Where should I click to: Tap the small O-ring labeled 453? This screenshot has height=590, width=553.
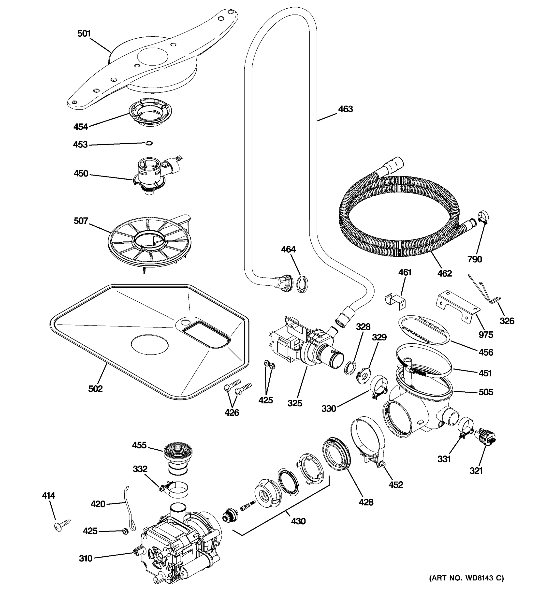tap(149, 143)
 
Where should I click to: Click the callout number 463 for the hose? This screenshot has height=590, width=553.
tap(345, 109)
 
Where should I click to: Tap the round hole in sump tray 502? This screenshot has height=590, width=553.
tap(149, 345)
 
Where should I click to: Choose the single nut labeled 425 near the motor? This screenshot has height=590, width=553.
tap(125, 531)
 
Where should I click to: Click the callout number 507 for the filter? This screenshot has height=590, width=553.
tap(81, 221)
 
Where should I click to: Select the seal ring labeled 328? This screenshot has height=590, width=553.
tap(350, 368)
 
